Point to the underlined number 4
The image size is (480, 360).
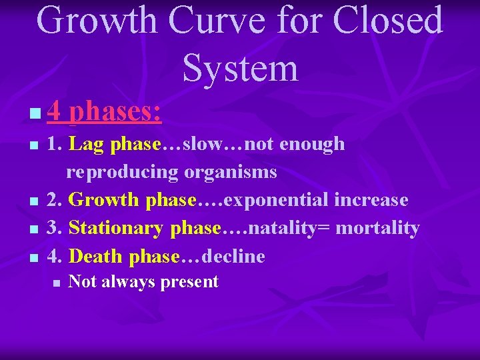point(53,111)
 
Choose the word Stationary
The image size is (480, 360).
point(117,228)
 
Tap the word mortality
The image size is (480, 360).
point(377,228)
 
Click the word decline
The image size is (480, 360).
point(233,256)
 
